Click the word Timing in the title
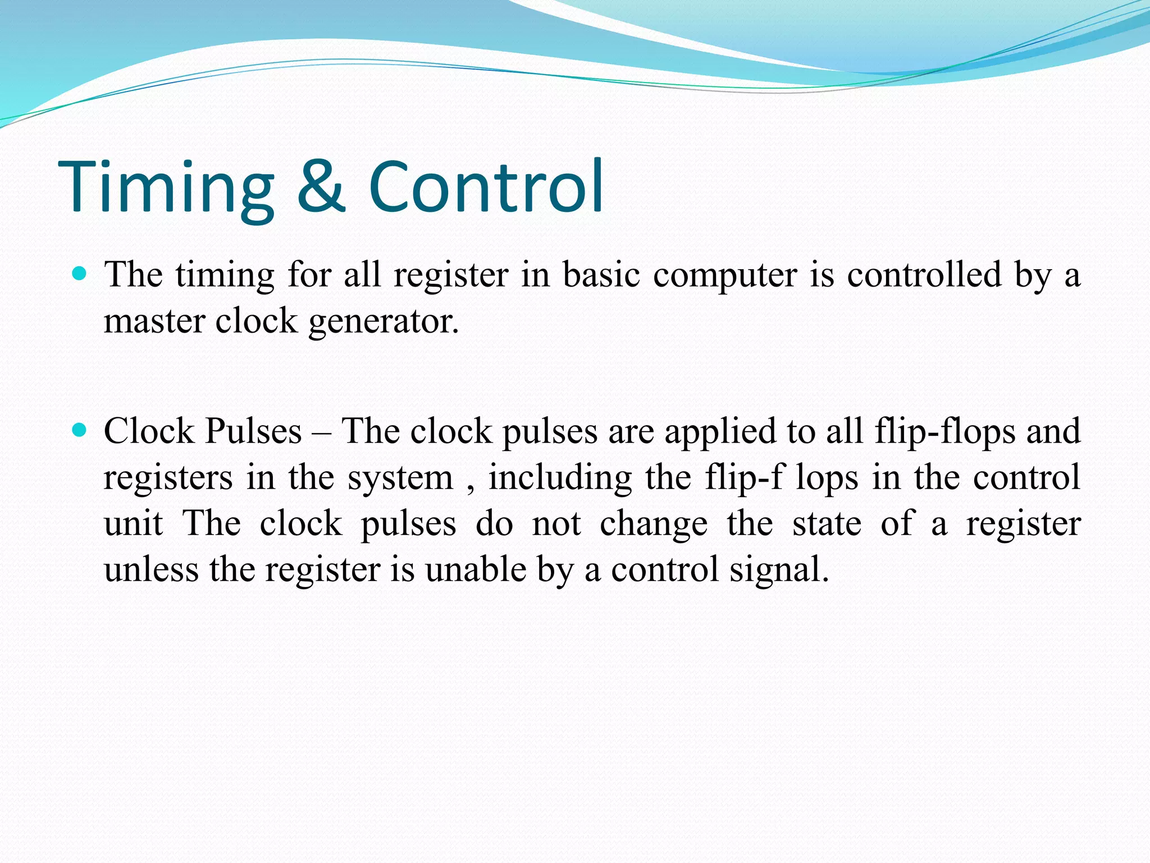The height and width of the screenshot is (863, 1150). point(166,188)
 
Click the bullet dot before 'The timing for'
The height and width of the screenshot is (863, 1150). point(80,274)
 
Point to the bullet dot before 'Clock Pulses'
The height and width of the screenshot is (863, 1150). point(80,430)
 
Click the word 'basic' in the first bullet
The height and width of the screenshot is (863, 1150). point(601,275)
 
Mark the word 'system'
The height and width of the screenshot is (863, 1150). point(400,479)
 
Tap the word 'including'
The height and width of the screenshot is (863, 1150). point(560,479)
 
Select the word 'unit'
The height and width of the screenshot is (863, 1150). point(133,524)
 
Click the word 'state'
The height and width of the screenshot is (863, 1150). point(827,524)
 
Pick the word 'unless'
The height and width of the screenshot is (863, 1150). point(151,570)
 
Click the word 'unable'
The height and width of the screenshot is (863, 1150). point(475,570)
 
